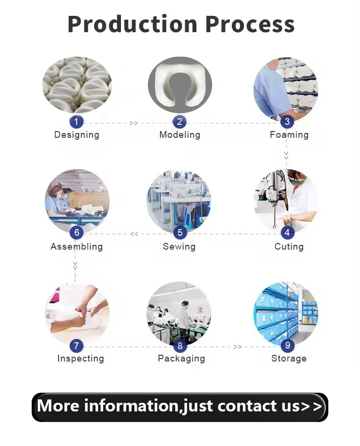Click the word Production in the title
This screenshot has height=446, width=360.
(x=132, y=24)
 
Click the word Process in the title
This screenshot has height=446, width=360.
(x=250, y=24)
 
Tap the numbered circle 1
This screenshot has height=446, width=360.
(x=76, y=122)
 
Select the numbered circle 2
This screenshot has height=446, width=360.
(x=180, y=122)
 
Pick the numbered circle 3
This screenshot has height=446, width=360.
(x=287, y=121)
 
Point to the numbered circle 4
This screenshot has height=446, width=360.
(x=287, y=233)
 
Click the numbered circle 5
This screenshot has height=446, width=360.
(x=180, y=233)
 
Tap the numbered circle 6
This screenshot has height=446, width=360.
(x=76, y=233)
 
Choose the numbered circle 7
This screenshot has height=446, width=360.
(x=76, y=346)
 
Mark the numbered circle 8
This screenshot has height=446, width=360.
(x=180, y=346)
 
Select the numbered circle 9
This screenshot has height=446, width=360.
(x=288, y=345)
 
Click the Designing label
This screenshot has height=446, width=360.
(x=77, y=135)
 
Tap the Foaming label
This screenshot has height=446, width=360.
(x=289, y=135)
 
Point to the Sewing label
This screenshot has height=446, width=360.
(x=179, y=247)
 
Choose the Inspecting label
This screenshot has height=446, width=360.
(x=81, y=359)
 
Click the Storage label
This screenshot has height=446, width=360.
(x=289, y=358)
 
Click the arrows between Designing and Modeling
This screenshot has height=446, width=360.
(x=133, y=123)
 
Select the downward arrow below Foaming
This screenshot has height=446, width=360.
(x=287, y=155)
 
